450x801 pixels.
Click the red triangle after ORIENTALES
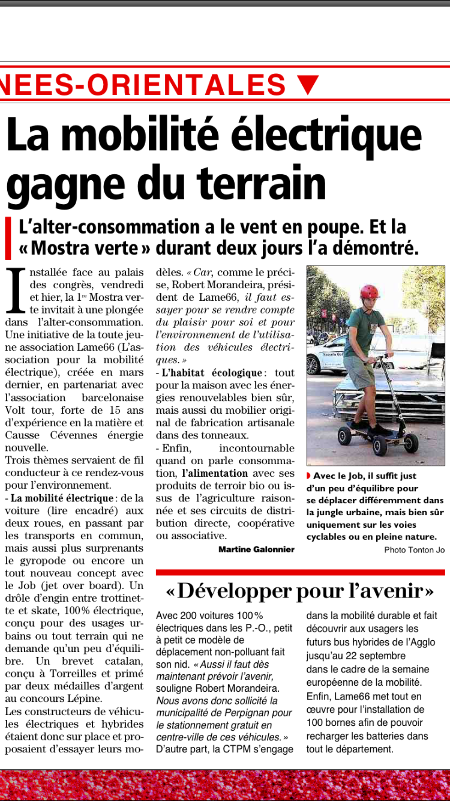point(308,84)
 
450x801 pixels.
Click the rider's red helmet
point(370,291)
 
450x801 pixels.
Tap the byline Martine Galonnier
point(256,549)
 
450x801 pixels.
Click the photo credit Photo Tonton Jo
point(414,549)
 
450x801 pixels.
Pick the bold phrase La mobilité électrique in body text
point(61,498)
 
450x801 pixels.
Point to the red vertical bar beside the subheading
point(8,238)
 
